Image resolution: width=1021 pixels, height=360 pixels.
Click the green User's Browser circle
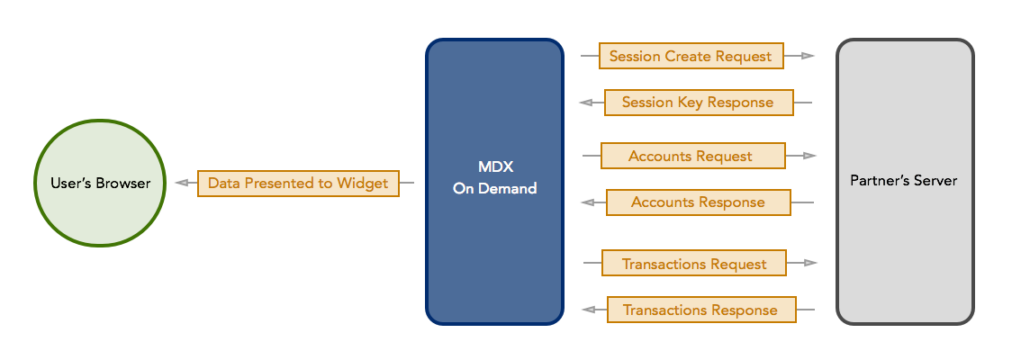(x=99, y=183)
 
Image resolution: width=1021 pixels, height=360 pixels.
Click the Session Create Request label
(x=691, y=56)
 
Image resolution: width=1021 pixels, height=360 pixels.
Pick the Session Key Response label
(x=698, y=103)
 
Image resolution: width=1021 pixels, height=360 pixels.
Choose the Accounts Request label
(x=691, y=156)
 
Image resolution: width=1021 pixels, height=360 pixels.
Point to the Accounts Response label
(x=698, y=202)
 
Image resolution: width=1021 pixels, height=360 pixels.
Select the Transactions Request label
(x=694, y=264)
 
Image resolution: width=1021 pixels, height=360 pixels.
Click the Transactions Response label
(x=700, y=310)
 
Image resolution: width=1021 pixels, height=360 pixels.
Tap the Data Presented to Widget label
(x=298, y=183)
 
